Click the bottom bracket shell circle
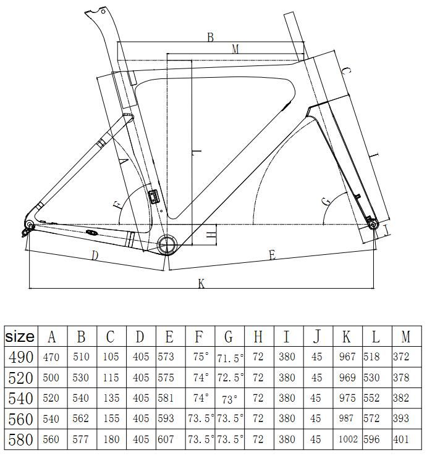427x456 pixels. (x=167, y=236)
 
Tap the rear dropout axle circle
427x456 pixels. (x=30, y=225)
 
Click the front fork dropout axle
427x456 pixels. (x=373, y=225)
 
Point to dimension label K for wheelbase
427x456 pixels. (x=201, y=283)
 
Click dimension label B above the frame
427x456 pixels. (x=210, y=38)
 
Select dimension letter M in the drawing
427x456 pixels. (x=235, y=49)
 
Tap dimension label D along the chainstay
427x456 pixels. (x=95, y=256)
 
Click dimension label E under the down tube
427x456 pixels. (x=272, y=255)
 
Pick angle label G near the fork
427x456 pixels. (x=326, y=201)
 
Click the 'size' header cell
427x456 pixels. (x=20, y=336)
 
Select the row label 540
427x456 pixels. (x=20, y=398)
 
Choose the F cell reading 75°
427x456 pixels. (x=201, y=357)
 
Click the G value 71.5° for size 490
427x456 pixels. (x=230, y=358)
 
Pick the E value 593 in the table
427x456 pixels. (x=166, y=418)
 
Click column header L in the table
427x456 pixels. (x=376, y=337)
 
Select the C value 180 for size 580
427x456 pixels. (x=111, y=439)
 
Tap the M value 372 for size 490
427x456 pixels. (x=401, y=357)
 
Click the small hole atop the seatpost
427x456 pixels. (x=103, y=11)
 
